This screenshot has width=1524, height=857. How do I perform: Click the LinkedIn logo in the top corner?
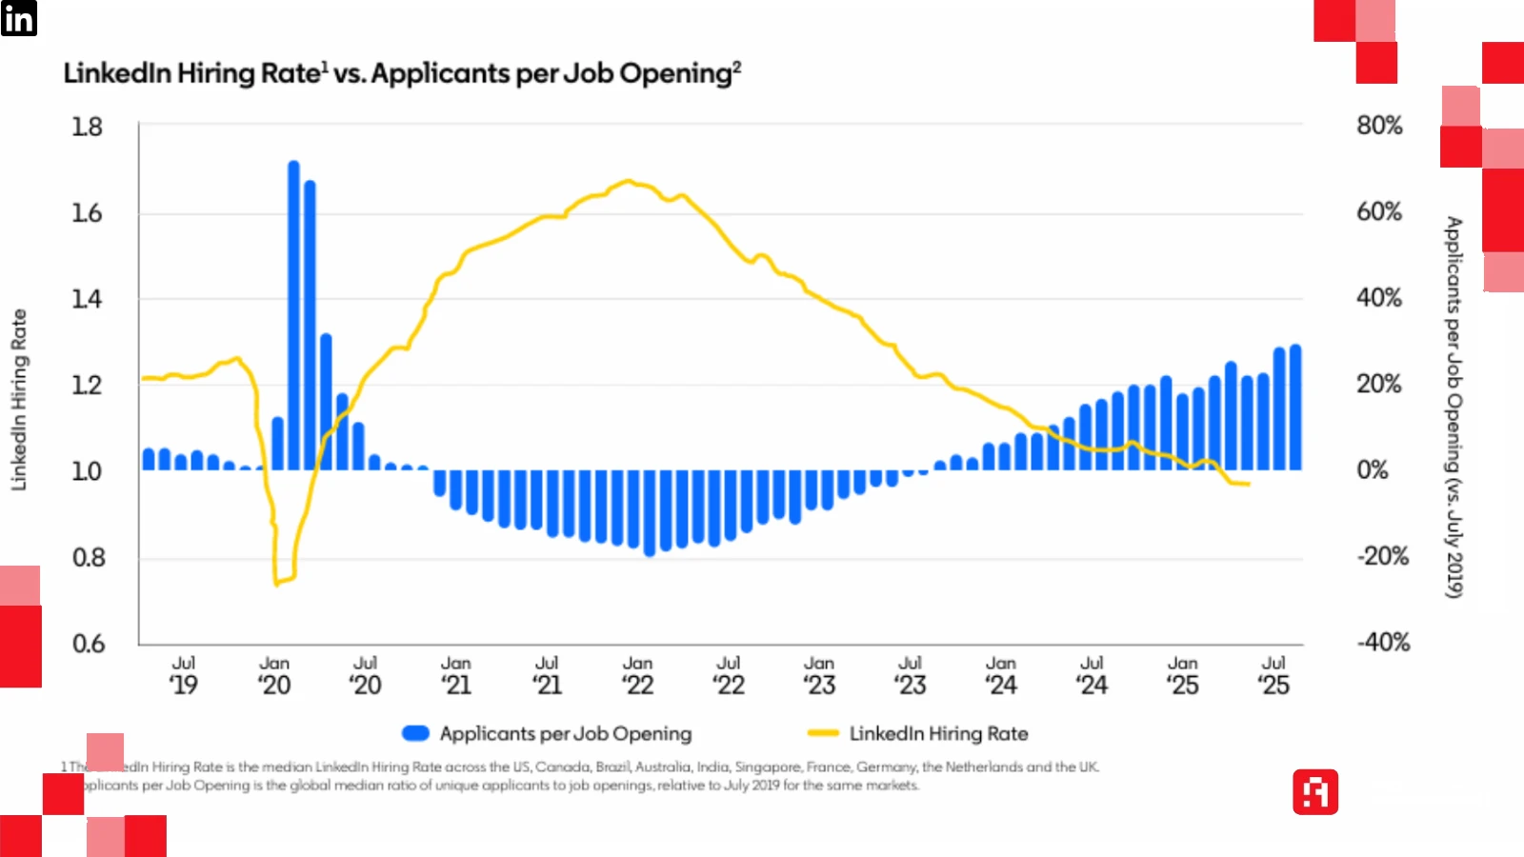(x=18, y=18)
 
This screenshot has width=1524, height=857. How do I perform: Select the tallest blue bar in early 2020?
(x=293, y=314)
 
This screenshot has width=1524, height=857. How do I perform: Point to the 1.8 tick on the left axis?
(x=87, y=127)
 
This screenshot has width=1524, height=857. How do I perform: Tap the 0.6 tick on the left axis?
(x=89, y=644)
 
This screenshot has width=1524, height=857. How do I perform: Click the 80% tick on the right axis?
(x=1379, y=126)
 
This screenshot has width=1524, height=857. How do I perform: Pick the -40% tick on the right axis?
(x=1383, y=643)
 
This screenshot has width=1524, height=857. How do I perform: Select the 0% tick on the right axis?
(x=1373, y=470)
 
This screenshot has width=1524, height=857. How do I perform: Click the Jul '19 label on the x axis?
(x=184, y=675)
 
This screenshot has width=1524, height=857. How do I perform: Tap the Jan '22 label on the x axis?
(x=638, y=675)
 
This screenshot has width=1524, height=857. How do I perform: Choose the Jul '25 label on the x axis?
(x=1273, y=675)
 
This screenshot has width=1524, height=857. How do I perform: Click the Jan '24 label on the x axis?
(x=1001, y=675)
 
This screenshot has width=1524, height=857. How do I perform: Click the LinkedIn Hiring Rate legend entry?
(x=938, y=734)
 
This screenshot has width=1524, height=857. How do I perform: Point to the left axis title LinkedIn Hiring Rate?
(x=19, y=400)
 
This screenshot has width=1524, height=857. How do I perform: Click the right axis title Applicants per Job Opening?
(x=1454, y=407)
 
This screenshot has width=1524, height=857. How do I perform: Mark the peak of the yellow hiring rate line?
(x=628, y=180)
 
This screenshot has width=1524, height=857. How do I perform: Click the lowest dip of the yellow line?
(x=277, y=583)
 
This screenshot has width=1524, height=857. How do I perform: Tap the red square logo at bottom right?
(x=1315, y=792)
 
